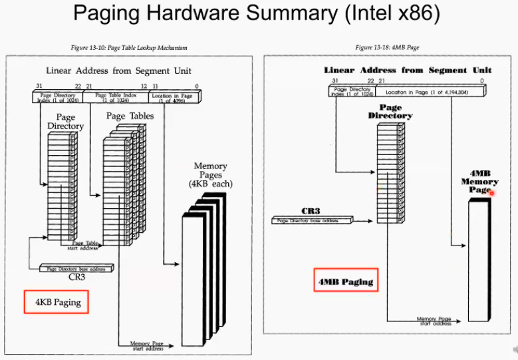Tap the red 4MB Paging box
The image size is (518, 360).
click(346, 281)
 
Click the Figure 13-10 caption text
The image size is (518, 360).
click(129, 48)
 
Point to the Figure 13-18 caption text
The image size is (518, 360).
click(387, 48)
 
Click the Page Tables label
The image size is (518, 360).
click(130, 116)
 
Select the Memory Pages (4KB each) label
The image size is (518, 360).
click(210, 174)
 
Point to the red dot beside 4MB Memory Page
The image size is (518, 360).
click(493, 193)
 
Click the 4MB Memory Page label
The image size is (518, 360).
click(479, 181)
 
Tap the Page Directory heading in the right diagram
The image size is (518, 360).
click(390, 111)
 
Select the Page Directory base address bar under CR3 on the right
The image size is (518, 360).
click(311, 220)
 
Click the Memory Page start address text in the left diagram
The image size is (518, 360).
click(147, 345)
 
